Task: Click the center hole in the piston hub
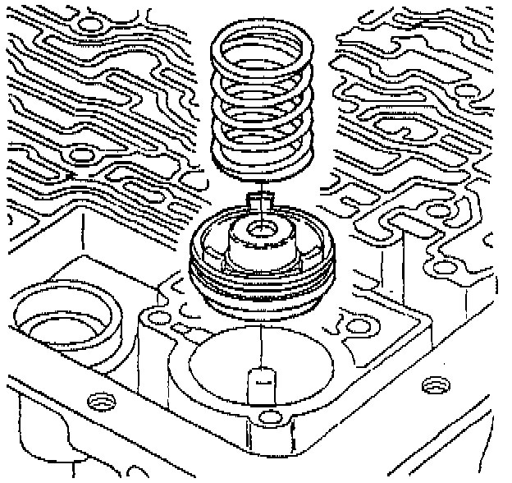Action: click(260, 228)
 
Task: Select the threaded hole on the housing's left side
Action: click(101, 401)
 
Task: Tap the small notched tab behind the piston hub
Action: click(261, 200)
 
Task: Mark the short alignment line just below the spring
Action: click(261, 185)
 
